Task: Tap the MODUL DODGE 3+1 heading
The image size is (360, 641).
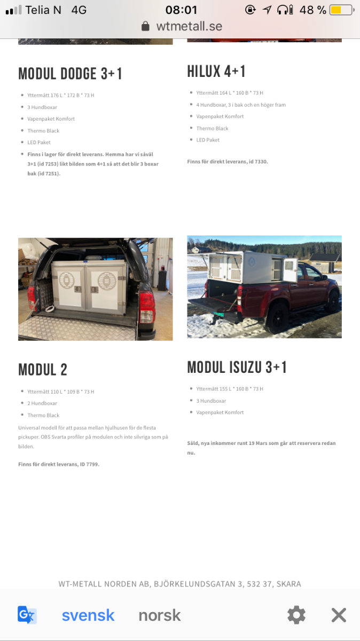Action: (x=71, y=74)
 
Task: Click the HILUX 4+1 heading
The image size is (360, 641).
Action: (x=216, y=72)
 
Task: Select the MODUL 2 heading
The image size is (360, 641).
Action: (x=43, y=370)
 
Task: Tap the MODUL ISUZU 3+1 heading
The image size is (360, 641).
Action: (x=237, y=368)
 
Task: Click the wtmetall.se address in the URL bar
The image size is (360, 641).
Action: (x=189, y=26)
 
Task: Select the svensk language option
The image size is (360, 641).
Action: (x=88, y=615)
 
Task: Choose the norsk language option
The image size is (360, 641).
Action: (x=160, y=615)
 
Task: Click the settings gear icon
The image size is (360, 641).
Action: (x=296, y=615)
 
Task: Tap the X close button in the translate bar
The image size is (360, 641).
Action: (x=339, y=615)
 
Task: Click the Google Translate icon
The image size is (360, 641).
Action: (x=27, y=615)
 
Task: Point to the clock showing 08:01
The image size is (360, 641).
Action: (x=181, y=10)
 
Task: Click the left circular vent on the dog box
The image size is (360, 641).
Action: (x=66, y=281)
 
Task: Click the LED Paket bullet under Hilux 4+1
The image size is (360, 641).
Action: (x=208, y=140)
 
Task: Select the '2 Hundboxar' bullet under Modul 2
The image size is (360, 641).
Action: (x=42, y=403)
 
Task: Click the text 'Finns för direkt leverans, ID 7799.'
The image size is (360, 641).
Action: (x=59, y=464)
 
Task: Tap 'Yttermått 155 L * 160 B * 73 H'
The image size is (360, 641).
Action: (x=230, y=389)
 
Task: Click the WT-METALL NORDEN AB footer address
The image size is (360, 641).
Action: (x=179, y=584)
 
